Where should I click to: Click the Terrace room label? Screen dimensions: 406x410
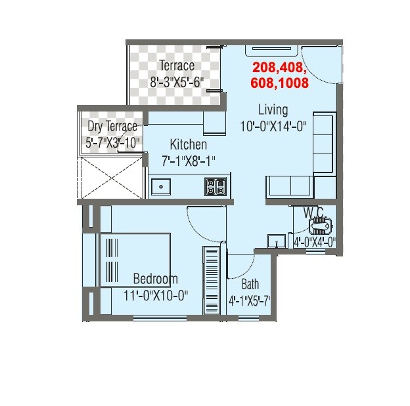pyautogui.click(x=176, y=66)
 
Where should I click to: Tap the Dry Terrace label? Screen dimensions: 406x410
pyautogui.click(x=112, y=127)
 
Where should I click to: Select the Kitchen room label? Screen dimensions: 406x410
pyautogui.click(x=189, y=144)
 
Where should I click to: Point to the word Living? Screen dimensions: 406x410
pyautogui.click(x=273, y=110)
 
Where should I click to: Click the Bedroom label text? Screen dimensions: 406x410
pyautogui.click(x=155, y=279)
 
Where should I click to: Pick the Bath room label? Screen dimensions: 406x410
pyautogui.click(x=250, y=285)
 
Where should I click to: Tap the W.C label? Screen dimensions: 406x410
pyautogui.click(x=313, y=212)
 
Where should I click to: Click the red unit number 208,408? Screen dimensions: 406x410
pyautogui.click(x=279, y=68)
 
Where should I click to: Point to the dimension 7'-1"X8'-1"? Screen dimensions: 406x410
pyautogui.click(x=189, y=159)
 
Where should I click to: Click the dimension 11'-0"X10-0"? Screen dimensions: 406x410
pyautogui.click(x=156, y=295)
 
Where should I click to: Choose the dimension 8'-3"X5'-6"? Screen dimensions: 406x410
pyautogui.click(x=177, y=82)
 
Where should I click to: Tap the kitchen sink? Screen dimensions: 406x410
pyautogui.click(x=160, y=187)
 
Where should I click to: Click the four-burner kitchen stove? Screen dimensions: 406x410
pyautogui.click(x=215, y=187)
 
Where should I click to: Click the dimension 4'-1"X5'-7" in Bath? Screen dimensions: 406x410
pyautogui.click(x=250, y=301)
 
